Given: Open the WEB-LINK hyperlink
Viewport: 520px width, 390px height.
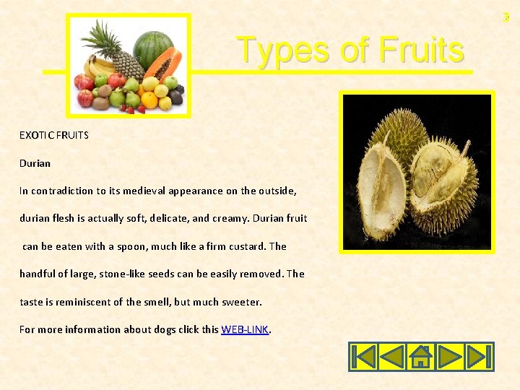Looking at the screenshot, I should [x=245, y=329].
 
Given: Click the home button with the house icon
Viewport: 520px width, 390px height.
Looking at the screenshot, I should [x=421, y=357].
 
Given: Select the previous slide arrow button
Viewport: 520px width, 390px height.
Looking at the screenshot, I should [x=391, y=357].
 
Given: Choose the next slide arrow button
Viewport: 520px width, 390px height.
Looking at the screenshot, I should [x=450, y=357].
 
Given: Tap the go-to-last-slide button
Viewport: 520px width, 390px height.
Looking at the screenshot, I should [x=478, y=357].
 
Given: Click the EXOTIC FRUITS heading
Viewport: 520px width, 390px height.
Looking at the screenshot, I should [x=54, y=135].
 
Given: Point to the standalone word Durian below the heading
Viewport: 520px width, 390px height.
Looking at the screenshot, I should [x=35, y=163].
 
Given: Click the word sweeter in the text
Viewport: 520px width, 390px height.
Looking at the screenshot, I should [x=243, y=302].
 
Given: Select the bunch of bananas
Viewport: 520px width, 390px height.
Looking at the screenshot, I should [x=96, y=67].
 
